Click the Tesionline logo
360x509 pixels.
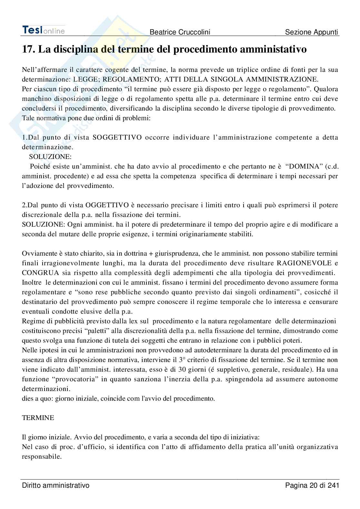tap(43, 30)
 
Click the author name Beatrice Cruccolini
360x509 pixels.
tap(180, 32)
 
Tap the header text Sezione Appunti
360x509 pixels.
tap(312, 32)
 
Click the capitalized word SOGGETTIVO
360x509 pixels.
tap(117, 138)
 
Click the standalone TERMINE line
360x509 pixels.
tap(38, 418)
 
